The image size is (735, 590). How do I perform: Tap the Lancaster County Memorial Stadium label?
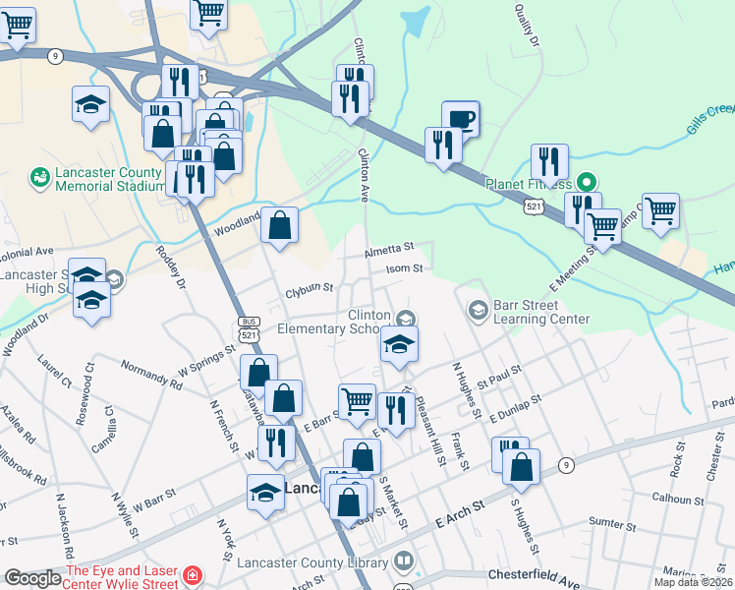pyautogui.click(x=109, y=178)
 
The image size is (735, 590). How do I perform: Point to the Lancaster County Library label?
pyautogui.click(x=312, y=562)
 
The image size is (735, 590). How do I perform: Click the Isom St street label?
pyautogui.click(x=404, y=267)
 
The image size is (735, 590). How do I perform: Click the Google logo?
pyautogui.click(x=31, y=578)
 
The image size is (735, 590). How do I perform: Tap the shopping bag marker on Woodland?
pyautogui.click(x=280, y=226)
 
